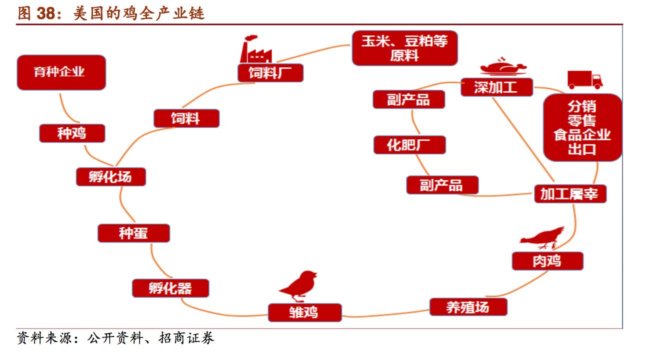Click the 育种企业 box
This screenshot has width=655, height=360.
61,72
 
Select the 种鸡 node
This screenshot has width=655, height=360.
72,133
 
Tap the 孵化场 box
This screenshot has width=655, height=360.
110,176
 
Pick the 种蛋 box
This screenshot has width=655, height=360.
133,233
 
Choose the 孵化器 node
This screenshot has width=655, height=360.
170,288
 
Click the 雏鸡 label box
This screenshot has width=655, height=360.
304,312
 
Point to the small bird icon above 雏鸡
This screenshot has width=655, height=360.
298,286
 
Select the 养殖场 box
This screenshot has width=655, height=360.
468,307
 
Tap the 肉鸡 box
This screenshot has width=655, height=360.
547,261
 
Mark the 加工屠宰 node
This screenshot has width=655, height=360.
569,193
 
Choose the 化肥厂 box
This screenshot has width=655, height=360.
409,145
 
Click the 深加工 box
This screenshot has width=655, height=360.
495,87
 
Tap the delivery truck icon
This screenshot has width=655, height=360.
584,79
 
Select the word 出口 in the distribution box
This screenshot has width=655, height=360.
582,149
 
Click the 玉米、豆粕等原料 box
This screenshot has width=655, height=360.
404,48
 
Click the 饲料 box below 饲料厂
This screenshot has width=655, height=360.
186,118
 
